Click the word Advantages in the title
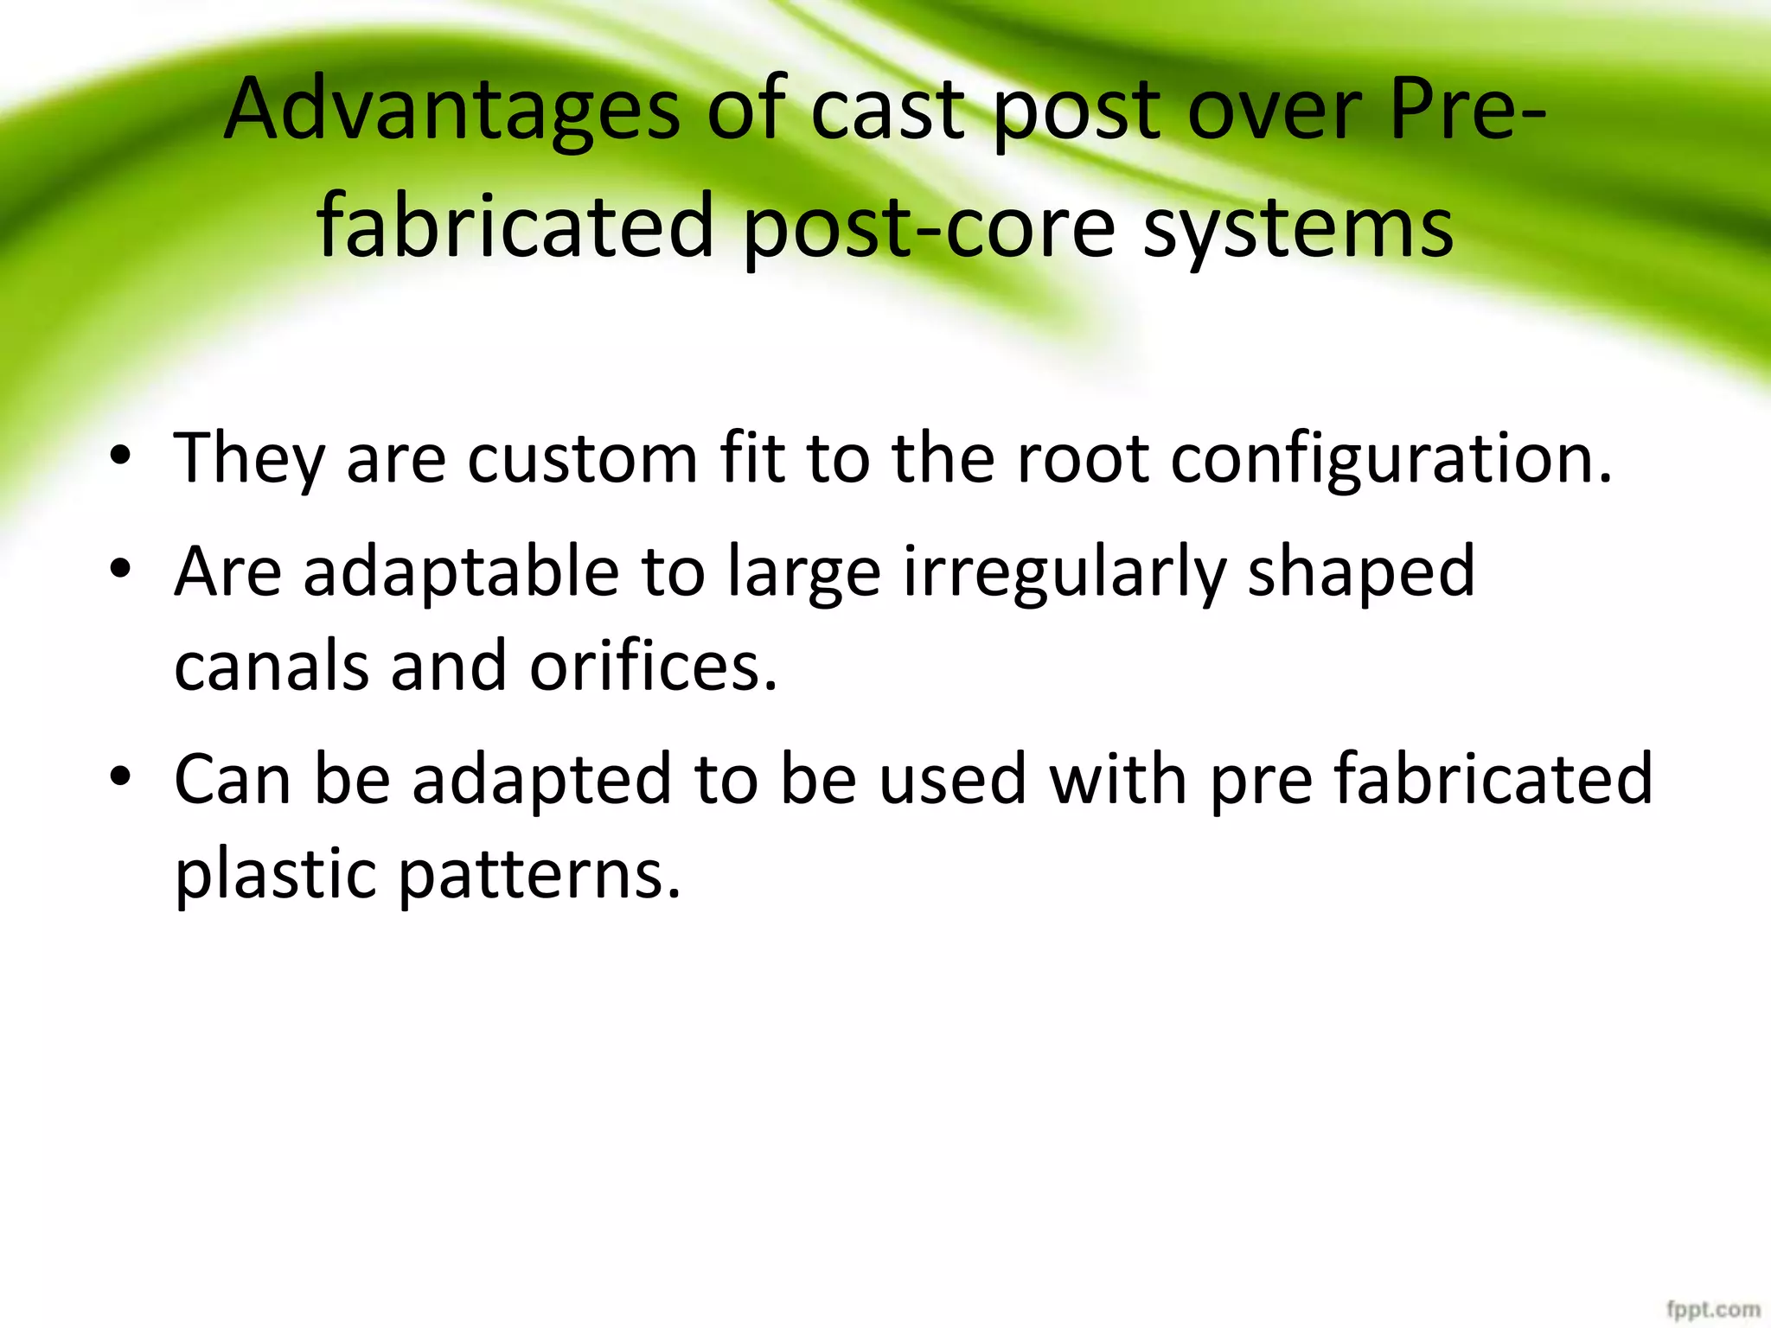click(x=451, y=110)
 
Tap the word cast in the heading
click(x=887, y=110)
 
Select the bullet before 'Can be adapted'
click(x=120, y=776)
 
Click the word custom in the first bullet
click(x=582, y=458)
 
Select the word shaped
click(x=1361, y=572)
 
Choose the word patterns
click(x=539, y=873)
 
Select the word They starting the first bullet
click(x=249, y=458)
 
